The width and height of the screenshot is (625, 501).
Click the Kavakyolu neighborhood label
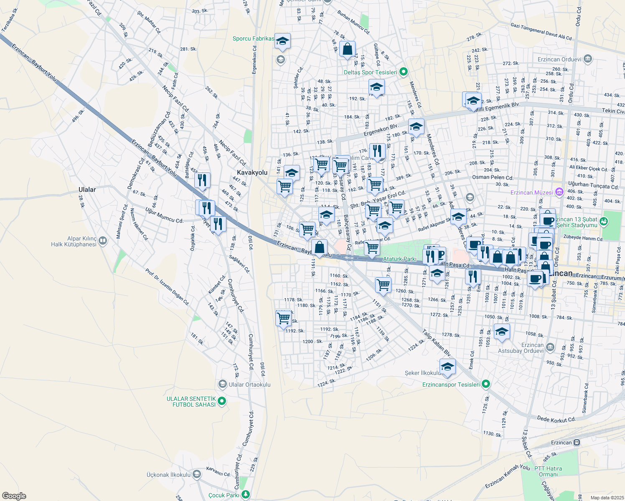pyautogui.click(x=252, y=172)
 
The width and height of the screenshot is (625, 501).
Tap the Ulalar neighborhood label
pyautogui.click(x=87, y=190)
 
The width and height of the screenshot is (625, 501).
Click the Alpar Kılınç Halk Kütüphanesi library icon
pyautogui.click(x=103, y=241)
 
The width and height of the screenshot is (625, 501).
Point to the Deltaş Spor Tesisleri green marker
pyautogui.click(x=403, y=72)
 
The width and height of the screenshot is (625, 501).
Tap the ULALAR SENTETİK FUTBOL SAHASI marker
pyautogui.click(x=222, y=401)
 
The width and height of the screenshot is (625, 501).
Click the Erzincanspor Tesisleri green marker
pyautogui.click(x=485, y=384)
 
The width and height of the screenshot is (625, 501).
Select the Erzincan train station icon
pyautogui.click(x=577, y=443)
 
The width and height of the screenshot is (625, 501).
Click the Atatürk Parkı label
pyautogui.click(x=400, y=259)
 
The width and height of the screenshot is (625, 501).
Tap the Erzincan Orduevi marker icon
pyautogui.click(x=588, y=59)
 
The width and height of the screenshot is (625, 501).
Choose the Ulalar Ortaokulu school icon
pyautogui.click(x=223, y=384)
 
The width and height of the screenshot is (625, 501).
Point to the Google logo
pyautogui.click(x=14, y=496)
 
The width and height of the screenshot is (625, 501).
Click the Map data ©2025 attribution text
pyautogui.click(x=607, y=498)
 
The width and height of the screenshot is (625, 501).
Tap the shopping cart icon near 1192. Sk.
pyautogui.click(x=284, y=318)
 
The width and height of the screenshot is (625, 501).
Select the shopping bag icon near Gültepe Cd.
pyautogui.click(x=347, y=49)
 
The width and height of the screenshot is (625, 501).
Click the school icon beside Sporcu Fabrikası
pyautogui.click(x=282, y=41)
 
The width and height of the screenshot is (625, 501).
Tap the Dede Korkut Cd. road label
pyautogui.click(x=556, y=419)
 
